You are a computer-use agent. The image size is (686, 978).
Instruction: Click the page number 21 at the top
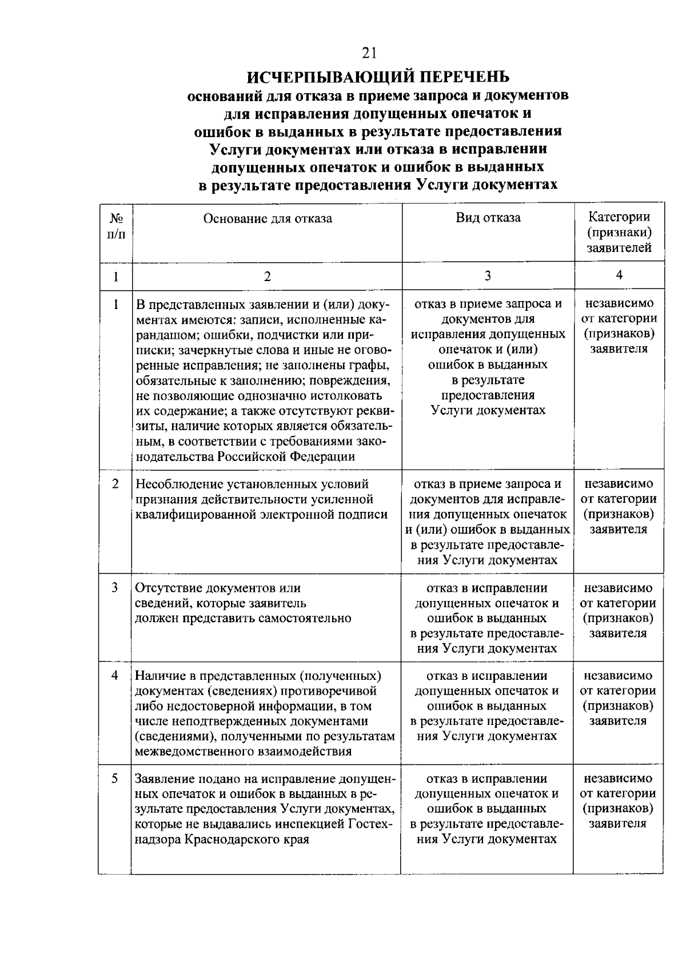369,53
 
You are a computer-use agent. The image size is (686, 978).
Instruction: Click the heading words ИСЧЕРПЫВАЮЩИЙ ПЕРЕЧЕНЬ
378,76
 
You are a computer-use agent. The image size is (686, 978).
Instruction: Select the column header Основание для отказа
268,218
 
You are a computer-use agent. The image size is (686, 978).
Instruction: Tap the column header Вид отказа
488,218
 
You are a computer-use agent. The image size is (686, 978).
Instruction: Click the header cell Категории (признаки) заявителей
619,233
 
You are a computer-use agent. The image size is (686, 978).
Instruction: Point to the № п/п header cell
116,226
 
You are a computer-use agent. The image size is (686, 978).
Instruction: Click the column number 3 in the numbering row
488,276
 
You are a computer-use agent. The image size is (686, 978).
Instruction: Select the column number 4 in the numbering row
619,275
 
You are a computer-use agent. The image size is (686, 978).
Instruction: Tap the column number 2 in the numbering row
267,276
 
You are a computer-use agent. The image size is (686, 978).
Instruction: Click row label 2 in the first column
115,484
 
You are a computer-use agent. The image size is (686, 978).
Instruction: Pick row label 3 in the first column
115,587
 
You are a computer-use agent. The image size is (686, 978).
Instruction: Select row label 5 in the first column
115,778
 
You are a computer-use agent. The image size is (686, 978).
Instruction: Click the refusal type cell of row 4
487,706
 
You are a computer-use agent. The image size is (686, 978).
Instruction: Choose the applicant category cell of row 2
619,507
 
